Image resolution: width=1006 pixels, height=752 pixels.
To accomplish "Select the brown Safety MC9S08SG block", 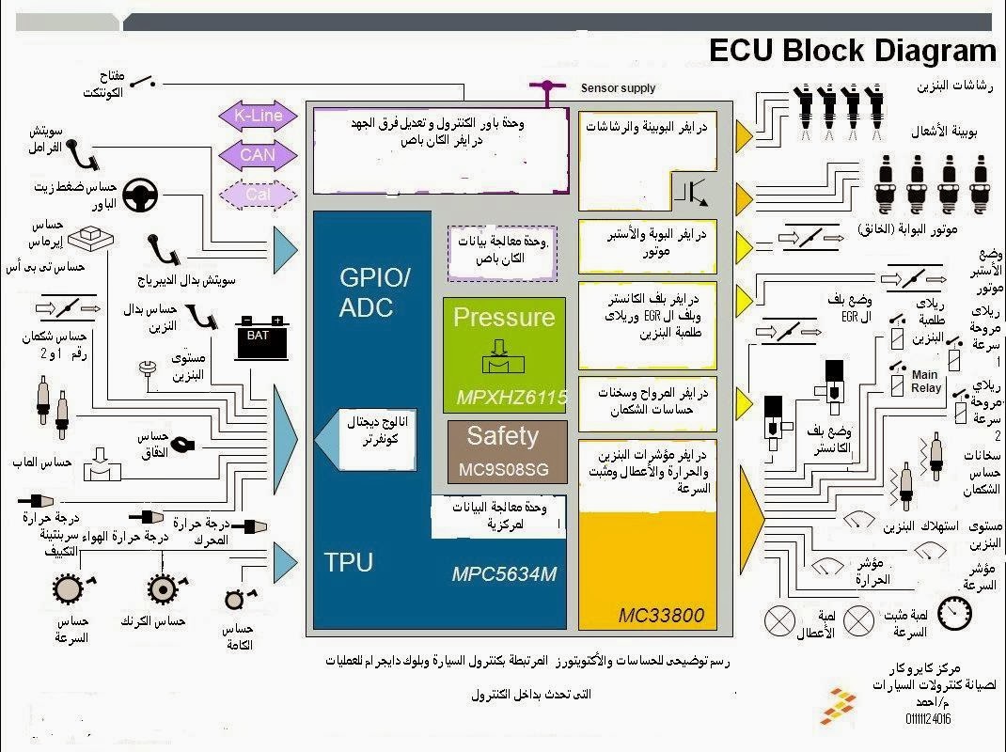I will pos(505,451).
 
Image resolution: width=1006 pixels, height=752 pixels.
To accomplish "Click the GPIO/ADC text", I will pos(374,292).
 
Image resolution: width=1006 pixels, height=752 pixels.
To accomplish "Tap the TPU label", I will pos(349,563).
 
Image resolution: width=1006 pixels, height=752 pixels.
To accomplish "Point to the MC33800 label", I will pos(661,616).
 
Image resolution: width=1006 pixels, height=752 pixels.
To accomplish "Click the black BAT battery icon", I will pos(258,337).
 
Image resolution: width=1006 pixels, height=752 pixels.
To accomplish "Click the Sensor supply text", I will pos(618,88).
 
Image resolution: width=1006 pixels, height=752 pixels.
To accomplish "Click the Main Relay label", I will pos(926,381).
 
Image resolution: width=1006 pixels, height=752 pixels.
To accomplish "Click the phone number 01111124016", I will pos(928,720).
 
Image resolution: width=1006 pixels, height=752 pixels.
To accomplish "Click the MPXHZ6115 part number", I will pos(512,399).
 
